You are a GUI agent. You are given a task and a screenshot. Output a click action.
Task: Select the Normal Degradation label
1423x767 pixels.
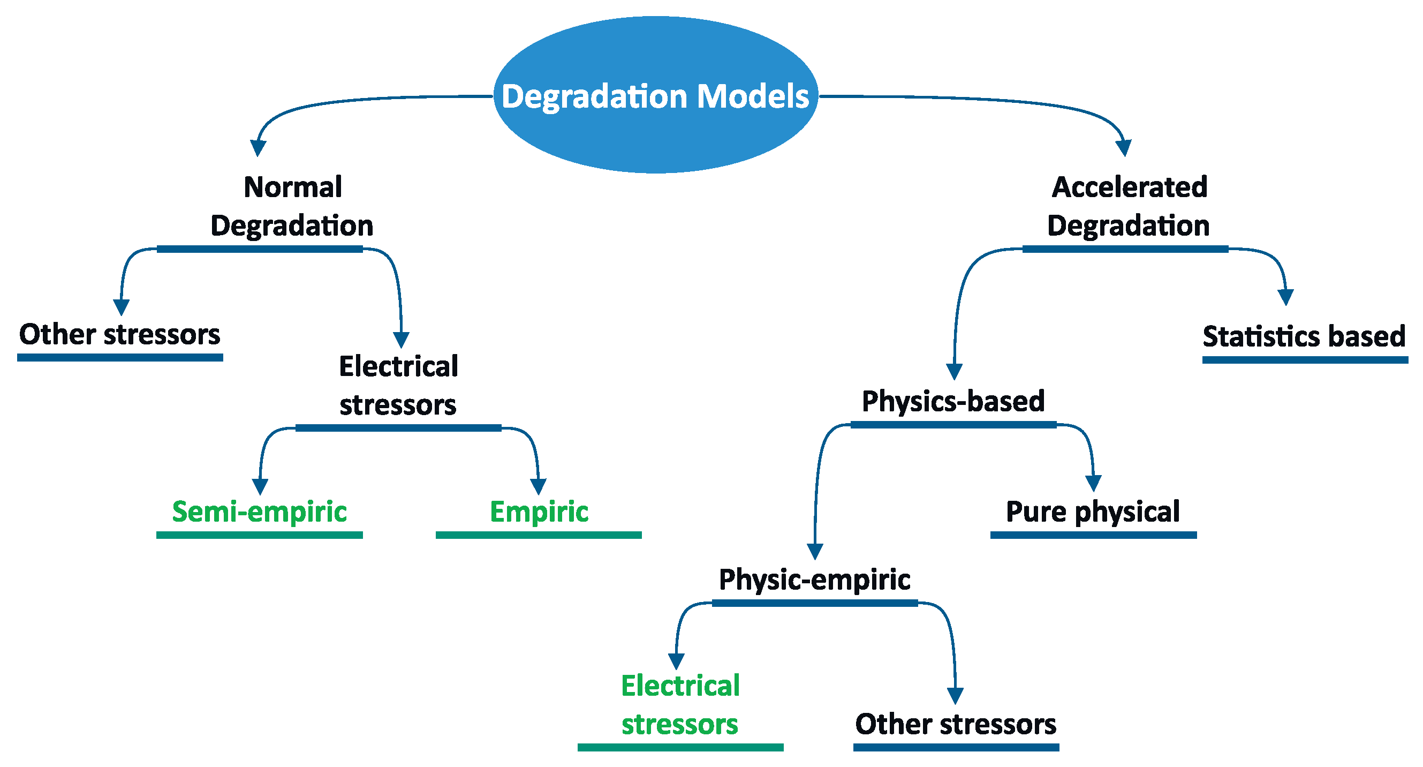pyautogui.click(x=292, y=206)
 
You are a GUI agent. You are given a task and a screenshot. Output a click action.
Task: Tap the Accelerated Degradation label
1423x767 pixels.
pyautogui.click(x=1129, y=206)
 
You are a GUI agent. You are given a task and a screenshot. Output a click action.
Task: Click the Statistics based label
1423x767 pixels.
pyautogui.click(x=1304, y=336)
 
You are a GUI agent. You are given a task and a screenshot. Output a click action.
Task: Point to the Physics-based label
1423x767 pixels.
pyautogui.click(x=953, y=401)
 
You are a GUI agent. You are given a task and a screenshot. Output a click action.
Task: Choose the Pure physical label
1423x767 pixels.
pyautogui.click(x=1093, y=511)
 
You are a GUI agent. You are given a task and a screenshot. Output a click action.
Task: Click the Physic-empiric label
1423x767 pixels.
pyautogui.click(x=814, y=580)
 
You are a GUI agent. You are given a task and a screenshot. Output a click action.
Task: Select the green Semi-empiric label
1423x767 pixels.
pyautogui.click(x=259, y=511)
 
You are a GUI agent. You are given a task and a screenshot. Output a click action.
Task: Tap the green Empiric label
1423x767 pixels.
pyautogui.click(x=539, y=511)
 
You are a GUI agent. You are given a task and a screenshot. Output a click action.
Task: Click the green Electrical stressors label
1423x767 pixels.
pyautogui.click(x=680, y=704)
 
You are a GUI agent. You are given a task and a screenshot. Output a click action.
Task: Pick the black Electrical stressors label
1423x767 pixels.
pyautogui.click(x=398, y=385)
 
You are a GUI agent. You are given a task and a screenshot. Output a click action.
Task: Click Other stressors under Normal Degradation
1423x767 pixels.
pyautogui.click(x=120, y=334)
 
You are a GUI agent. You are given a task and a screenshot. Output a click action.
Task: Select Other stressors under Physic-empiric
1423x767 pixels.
pyautogui.click(x=956, y=724)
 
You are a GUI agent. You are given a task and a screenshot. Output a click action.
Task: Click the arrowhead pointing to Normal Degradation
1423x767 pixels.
pyautogui.click(x=258, y=148)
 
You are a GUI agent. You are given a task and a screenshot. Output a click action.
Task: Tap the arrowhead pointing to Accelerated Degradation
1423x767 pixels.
pyautogui.click(x=1124, y=148)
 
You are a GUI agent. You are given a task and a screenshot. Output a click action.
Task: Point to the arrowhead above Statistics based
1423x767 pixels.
pyautogui.click(x=1286, y=297)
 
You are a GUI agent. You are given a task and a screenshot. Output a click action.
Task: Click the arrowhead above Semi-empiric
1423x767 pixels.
pyautogui.click(x=260, y=487)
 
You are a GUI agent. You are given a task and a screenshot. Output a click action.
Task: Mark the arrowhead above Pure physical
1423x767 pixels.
pyautogui.click(x=1093, y=484)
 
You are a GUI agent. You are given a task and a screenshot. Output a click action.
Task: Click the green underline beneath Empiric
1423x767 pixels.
pyautogui.click(x=539, y=535)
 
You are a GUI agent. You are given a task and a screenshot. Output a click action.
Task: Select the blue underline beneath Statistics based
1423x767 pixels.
pyautogui.click(x=1305, y=360)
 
